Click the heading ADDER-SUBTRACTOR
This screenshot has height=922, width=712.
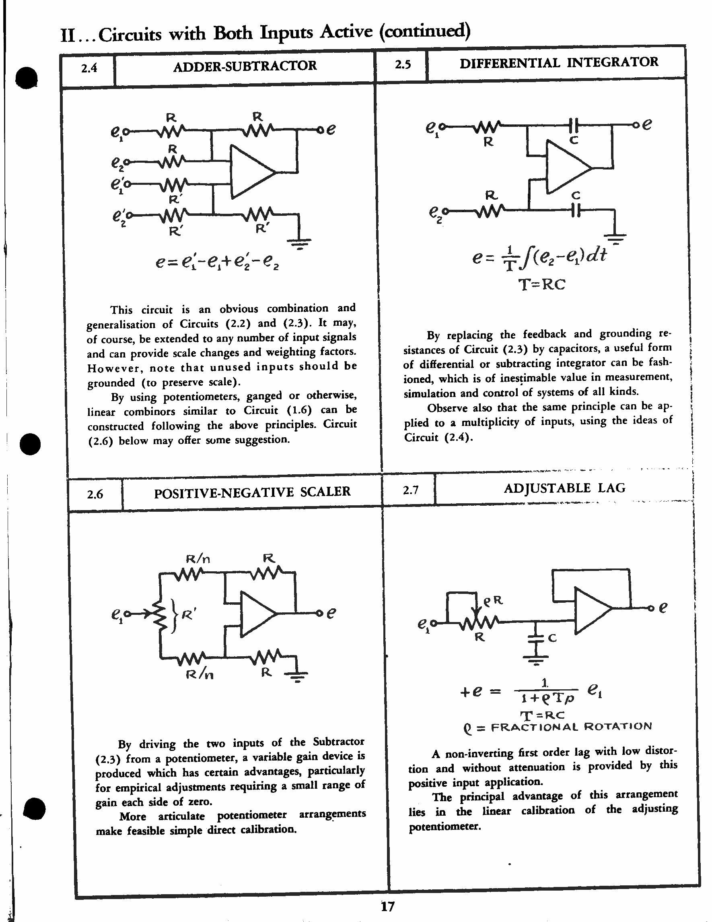click(x=245, y=66)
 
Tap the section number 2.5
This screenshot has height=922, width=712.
click(x=402, y=64)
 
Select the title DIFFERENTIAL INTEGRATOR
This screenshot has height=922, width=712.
click(x=558, y=63)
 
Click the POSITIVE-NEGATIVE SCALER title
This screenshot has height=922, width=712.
click(x=252, y=493)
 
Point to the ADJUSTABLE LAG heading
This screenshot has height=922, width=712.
click(x=564, y=488)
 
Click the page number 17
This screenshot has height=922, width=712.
click(x=387, y=906)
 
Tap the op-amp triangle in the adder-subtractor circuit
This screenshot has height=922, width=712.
click(x=251, y=172)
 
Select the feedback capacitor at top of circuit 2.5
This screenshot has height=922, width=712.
click(x=573, y=125)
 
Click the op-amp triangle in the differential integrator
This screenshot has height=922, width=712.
click(x=567, y=167)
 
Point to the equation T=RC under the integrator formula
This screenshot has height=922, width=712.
click(x=541, y=285)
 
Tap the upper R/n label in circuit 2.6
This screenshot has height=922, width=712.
click(x=198, y=559)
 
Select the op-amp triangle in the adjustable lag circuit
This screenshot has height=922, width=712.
click(x=591, y=611)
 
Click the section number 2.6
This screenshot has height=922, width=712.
click(x=95, y=494)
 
